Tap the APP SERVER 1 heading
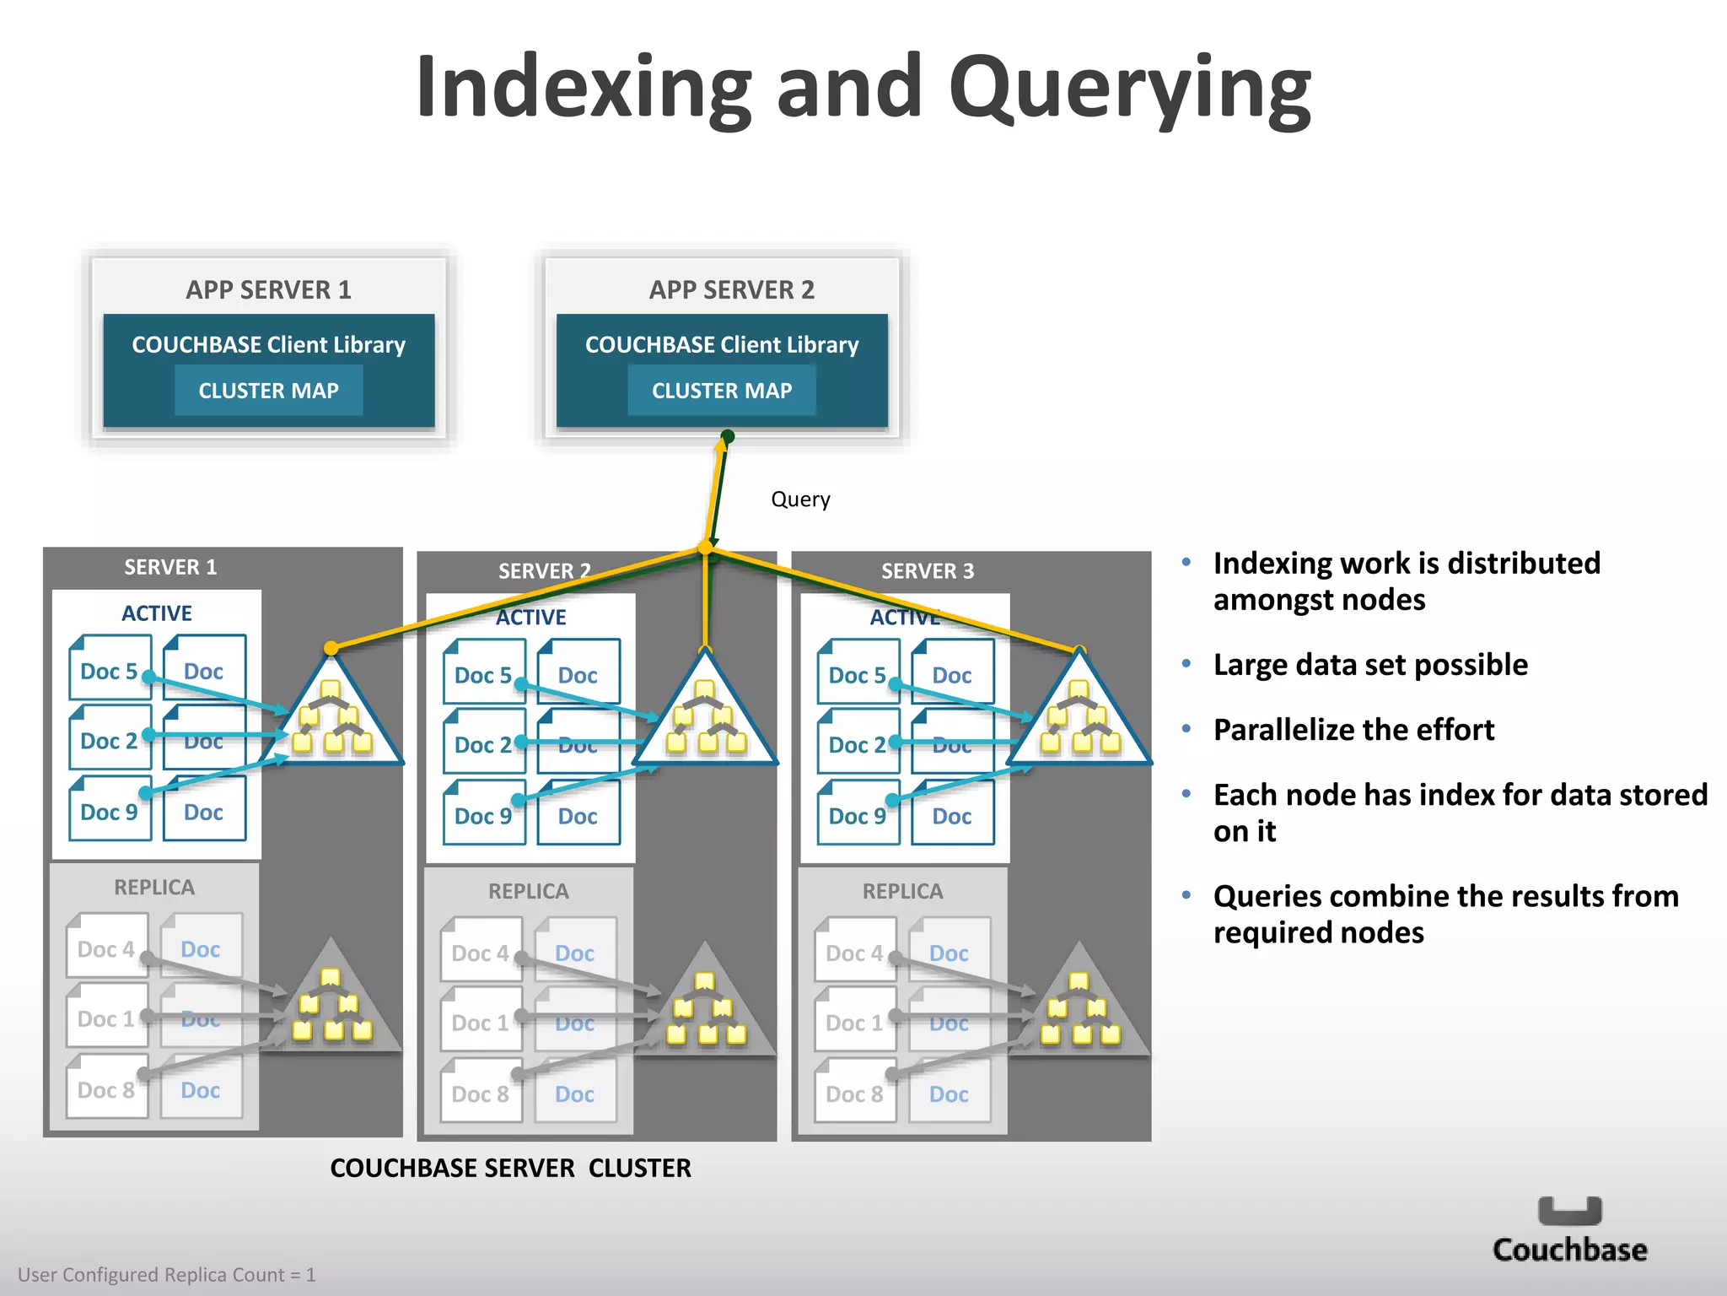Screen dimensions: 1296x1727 pos(268,289)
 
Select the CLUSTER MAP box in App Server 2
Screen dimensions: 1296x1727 pos(721,390)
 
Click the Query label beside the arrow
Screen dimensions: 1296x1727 pos(800,499)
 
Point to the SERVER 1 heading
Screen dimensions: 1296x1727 pos(170,567)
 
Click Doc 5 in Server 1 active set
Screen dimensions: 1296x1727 pos(109,671)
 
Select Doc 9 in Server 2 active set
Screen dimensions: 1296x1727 pos(483,815)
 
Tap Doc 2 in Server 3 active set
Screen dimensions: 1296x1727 pos(857,744)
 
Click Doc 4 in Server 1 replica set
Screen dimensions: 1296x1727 pos(106,948)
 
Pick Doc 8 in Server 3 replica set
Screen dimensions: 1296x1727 pos(854,1093)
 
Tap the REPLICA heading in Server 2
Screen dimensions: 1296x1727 pos(529,891)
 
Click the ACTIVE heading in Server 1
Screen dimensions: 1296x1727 pos(157,613)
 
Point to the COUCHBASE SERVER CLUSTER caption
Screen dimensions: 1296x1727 pos(510,1168)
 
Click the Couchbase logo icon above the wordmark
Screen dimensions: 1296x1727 pos(1569,1211)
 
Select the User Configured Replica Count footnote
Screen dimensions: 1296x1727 pos(167,1274)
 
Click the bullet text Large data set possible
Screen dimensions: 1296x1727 pos(1370,665)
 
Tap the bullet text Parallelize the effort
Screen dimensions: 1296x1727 pos(1353,730)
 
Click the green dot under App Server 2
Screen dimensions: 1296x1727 pos(728,436)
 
